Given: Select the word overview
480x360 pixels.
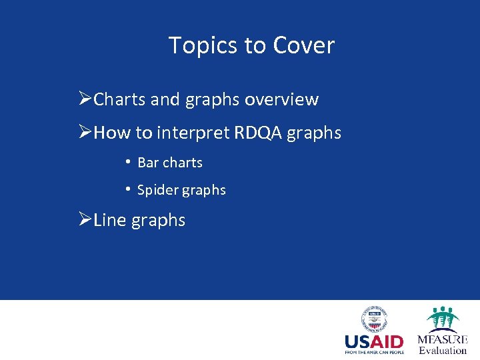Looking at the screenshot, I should [281, 100].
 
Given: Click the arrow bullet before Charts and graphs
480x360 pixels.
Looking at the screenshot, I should [85, 100].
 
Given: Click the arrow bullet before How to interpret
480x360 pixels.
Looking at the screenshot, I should [85, 133].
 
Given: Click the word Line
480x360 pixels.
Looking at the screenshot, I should [109, 220].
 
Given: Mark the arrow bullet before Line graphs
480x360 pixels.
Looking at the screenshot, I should [85, 220].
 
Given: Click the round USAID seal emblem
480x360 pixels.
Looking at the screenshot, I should [374, 319].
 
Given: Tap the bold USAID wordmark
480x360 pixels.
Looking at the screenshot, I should [374, 343].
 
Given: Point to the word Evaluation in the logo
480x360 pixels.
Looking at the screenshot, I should [443, 351].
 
